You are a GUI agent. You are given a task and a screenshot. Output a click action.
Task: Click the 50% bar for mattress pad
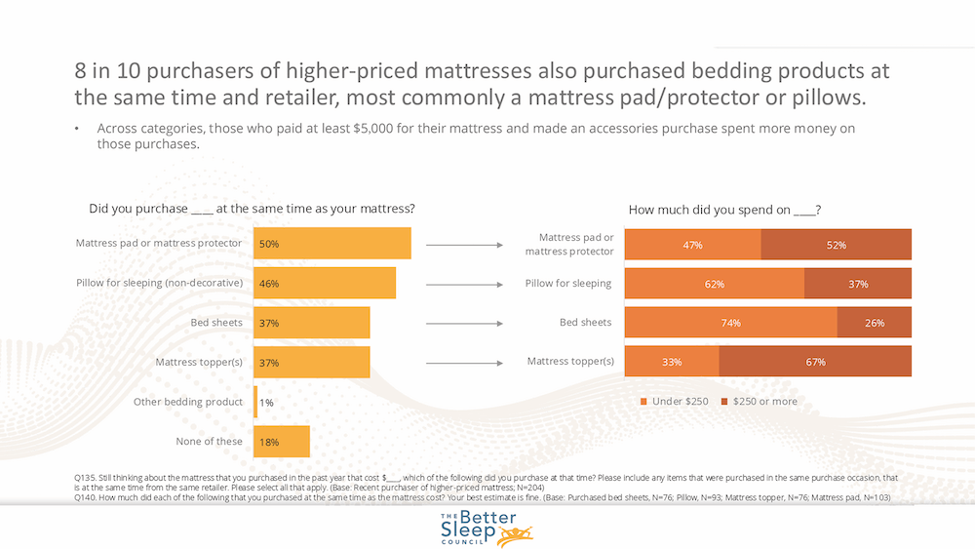(x=331, y=244)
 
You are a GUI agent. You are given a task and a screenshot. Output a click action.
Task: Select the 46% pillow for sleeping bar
(x=324, y=283)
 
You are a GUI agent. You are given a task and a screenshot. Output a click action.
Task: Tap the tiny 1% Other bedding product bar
(x=255, y=402)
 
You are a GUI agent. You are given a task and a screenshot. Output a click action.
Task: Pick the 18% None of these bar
(x=281, y=442)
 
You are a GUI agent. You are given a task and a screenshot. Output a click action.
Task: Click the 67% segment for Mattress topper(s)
(x=815, y=362)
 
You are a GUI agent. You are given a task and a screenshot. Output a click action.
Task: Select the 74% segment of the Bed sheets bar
(x=730, y=323)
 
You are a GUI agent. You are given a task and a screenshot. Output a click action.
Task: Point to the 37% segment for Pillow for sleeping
(x=858, y=284)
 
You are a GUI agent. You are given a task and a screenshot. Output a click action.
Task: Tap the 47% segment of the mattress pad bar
(x=692, y=245)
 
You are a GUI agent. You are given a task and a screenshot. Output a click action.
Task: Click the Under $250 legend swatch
(x=643, y=402)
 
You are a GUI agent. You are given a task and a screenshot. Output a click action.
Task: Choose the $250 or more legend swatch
(x=723, y=402)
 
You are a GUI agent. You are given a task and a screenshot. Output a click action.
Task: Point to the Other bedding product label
(x=188, y=402)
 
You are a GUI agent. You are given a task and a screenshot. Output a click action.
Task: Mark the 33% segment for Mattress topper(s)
(x=672, y=362)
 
